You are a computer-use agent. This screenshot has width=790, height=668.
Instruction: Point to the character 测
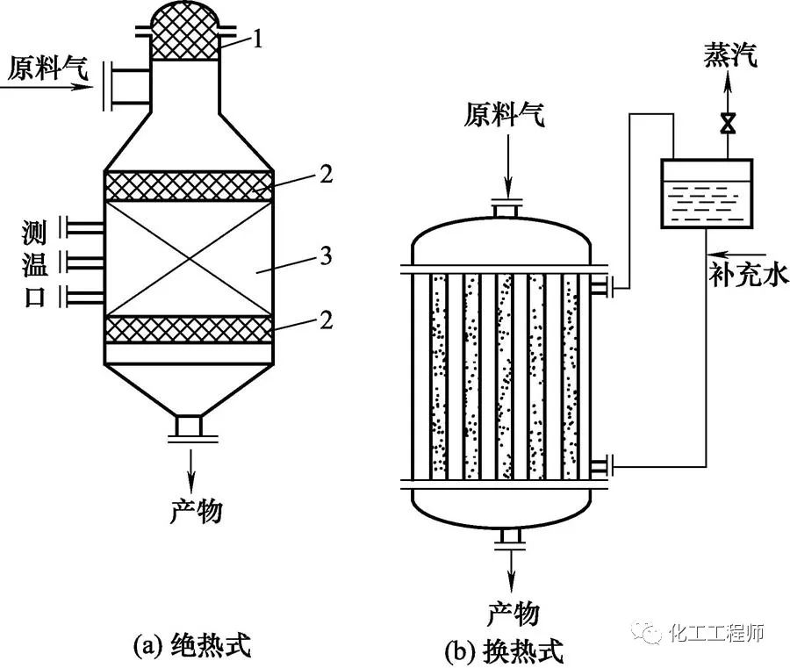click(34, 232)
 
